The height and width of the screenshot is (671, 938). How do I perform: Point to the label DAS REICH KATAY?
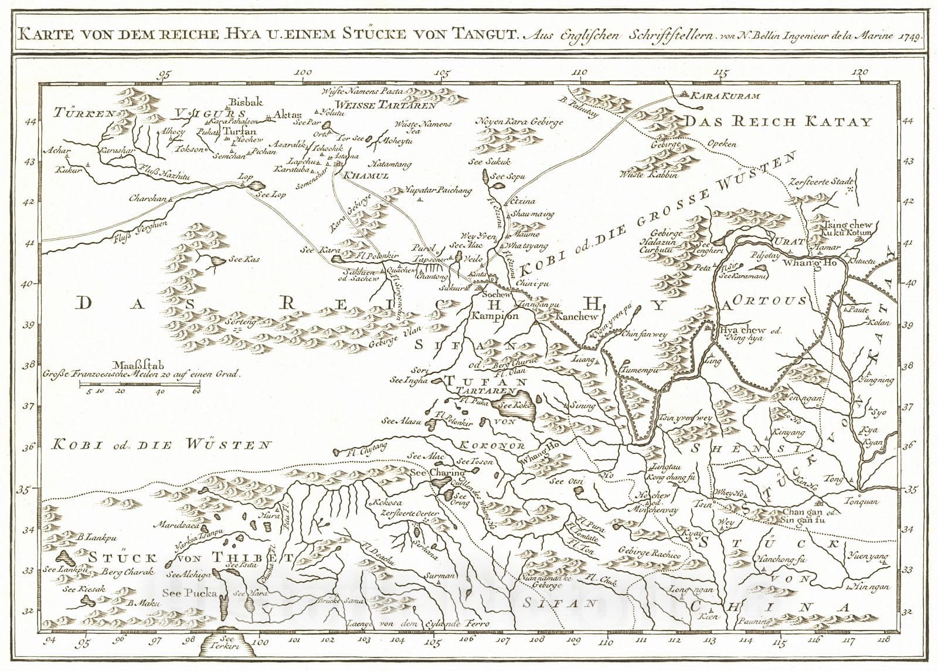(x=779, y=122)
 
